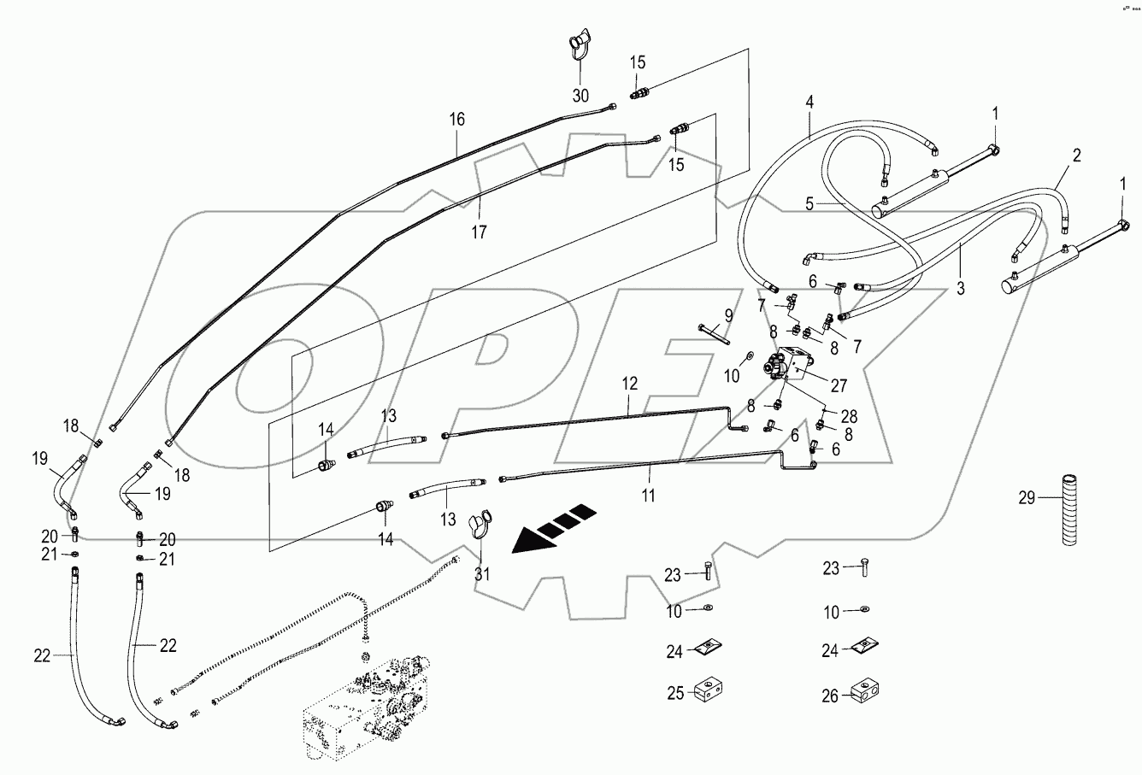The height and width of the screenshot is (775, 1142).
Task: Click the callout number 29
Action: click(x=1027, y=497)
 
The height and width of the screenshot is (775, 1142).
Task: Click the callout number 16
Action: click(x=457, y=120)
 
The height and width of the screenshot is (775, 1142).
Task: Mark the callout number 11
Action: click(x=649, y=494)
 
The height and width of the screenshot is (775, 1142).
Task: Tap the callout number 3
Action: click(x=960, y=289)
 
